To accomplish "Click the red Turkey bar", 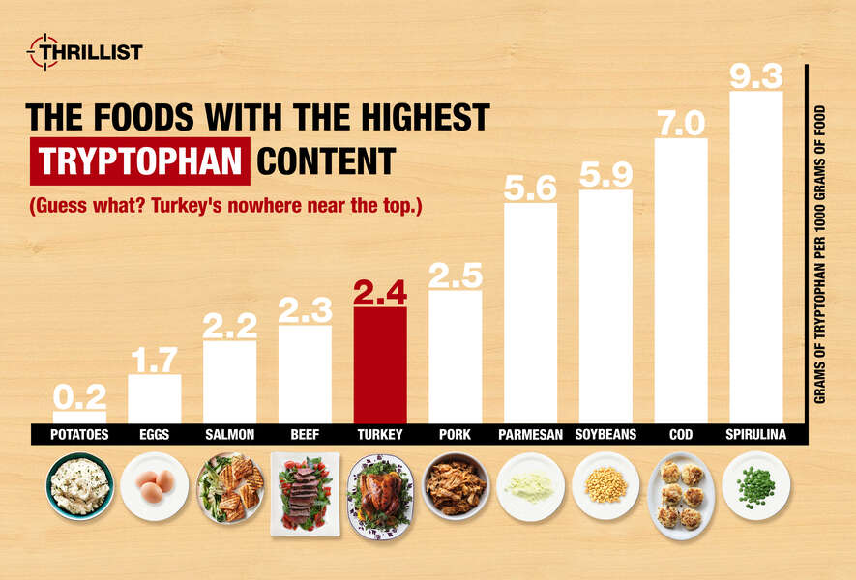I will pyautogui.click(x=380, y=365).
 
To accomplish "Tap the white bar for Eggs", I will pyautogui.click(x=155, y=398).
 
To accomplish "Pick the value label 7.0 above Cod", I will pyautogui.click(x=681, y=122).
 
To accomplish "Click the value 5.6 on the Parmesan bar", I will pyautogui.click(x=530, y=187).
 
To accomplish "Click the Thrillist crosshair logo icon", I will pyautogui.click(x=42, y=50).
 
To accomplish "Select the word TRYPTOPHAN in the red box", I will pyautogui.click(x=140, y=160).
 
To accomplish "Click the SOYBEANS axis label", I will pyautogui.click(x=605, y=435).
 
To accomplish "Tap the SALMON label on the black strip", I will pyautogui.click(x=229, y=435).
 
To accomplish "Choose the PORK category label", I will pyautogui.click(x=455, y=435).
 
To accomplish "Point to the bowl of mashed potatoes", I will pyautogui.click(x=79, y=486).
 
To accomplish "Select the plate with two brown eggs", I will pyautogui.click(x=155, y=486).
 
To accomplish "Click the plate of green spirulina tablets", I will pyautogui.click(x=755, y=486).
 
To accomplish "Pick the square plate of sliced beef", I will pyautogui.click(x=305, y=493).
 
